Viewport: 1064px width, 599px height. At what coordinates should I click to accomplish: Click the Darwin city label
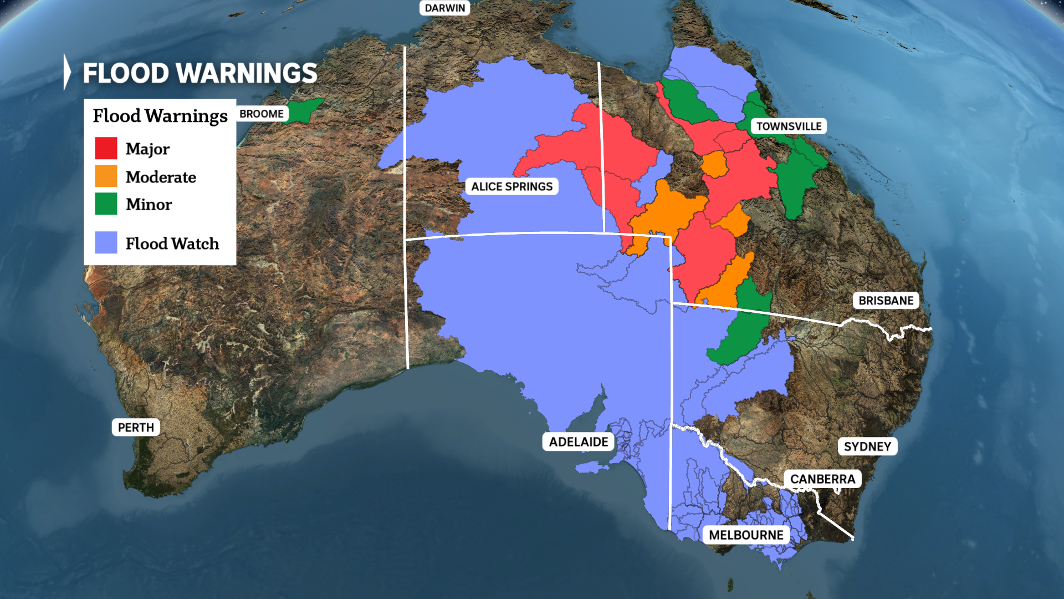(444, 8)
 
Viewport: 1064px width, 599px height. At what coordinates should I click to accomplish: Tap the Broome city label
(262, 114)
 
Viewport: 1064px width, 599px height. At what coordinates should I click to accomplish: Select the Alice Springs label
(511, 186)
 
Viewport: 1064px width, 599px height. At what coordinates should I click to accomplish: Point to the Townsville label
(789, 126)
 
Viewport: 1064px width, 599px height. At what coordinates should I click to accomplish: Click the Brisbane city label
(886, 301)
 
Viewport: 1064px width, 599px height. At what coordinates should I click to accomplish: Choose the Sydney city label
(867, 446)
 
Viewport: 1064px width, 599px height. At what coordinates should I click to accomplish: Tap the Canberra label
(822, 479)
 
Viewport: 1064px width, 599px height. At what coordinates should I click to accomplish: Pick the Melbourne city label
(746, 535)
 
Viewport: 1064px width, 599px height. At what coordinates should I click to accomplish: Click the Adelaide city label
(579, 441)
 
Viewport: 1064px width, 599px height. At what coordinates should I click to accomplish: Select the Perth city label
(136, 427)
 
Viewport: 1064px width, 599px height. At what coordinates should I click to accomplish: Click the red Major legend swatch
(106, 148)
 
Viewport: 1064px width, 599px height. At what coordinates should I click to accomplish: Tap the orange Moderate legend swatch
(106, 176)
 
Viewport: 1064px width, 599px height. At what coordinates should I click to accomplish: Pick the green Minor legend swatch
(106, 204)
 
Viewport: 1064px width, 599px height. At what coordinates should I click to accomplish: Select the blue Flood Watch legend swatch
(106, 242)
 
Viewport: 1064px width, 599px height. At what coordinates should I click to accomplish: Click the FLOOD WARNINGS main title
(200, 73)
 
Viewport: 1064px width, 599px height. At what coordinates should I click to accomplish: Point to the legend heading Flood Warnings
(160, 115)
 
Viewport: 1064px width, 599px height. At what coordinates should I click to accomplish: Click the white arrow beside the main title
(67, 72)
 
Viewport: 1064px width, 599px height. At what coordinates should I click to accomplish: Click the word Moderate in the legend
(161, 177)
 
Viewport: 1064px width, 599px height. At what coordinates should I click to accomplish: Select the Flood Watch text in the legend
(172, 243)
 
